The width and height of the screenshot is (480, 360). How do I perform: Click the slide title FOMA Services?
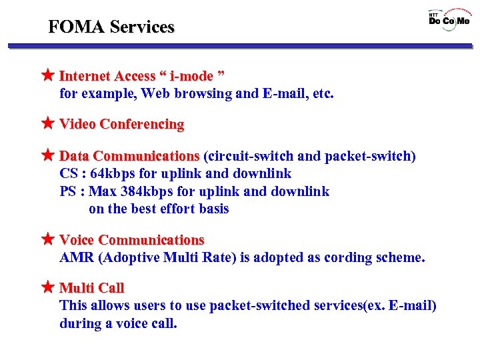click(111, 27)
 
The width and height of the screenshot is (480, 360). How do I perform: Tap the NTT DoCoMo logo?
click(449, 18)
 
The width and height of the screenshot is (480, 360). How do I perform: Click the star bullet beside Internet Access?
click(47, 75)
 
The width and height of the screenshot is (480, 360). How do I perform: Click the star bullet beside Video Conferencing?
click(47, 123)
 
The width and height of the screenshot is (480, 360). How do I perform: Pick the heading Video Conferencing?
click(121, 124)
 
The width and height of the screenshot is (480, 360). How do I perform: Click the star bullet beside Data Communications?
click(47, 155)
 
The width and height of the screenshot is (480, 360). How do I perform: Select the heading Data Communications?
click(129, 156)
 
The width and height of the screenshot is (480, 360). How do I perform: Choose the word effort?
click(175, 209)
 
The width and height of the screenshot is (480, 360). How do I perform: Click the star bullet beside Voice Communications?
click(47, 239)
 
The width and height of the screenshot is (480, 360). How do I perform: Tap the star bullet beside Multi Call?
click(47, 287)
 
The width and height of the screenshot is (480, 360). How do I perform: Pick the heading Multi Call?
click(91, 288)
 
